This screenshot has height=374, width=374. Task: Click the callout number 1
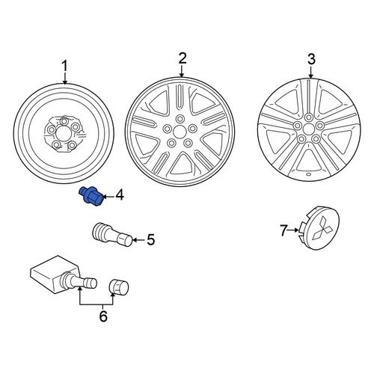point(64,67)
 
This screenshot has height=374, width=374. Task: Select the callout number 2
point(183,58)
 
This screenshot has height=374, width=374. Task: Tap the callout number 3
point(311,59)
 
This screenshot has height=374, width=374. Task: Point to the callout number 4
point(120,195)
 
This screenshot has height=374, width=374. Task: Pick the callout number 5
point(150,240)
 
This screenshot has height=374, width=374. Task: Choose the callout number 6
point(103,316)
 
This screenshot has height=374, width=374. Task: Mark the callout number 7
point(283,230)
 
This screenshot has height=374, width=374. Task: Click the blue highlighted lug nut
point(91,196)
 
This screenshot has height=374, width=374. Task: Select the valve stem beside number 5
point(112,234)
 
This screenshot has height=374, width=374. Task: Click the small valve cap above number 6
point(119,287)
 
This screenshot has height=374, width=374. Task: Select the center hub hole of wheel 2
point(179,132)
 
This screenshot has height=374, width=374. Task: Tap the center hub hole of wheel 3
point(309,129)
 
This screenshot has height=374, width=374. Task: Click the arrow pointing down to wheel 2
point(182,71)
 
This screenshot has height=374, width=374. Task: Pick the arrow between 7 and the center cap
point(293,230)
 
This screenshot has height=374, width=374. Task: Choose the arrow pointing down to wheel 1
point(65,78)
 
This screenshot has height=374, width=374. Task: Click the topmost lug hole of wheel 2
point(180,119)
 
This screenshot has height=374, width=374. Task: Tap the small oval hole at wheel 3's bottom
point(308,174)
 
